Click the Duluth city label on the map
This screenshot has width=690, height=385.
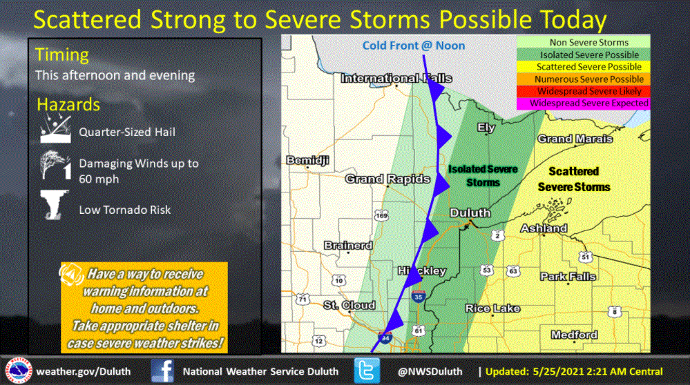(470, 213)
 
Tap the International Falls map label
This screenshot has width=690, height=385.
(396, 79)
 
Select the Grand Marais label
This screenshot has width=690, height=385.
(575, 139)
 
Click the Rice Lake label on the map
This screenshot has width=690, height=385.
(492, 308)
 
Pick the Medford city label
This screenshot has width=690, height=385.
(574, 335)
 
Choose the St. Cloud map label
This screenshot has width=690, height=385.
(349, 305)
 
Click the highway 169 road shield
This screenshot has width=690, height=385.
(382, 217)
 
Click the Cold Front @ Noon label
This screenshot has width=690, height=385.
(414, 46)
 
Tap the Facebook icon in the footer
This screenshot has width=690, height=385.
(162, 371)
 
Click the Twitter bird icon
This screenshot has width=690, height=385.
(367, 371)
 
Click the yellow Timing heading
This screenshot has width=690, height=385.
(62, 55)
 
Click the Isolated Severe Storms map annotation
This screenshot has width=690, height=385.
(483, 175)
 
